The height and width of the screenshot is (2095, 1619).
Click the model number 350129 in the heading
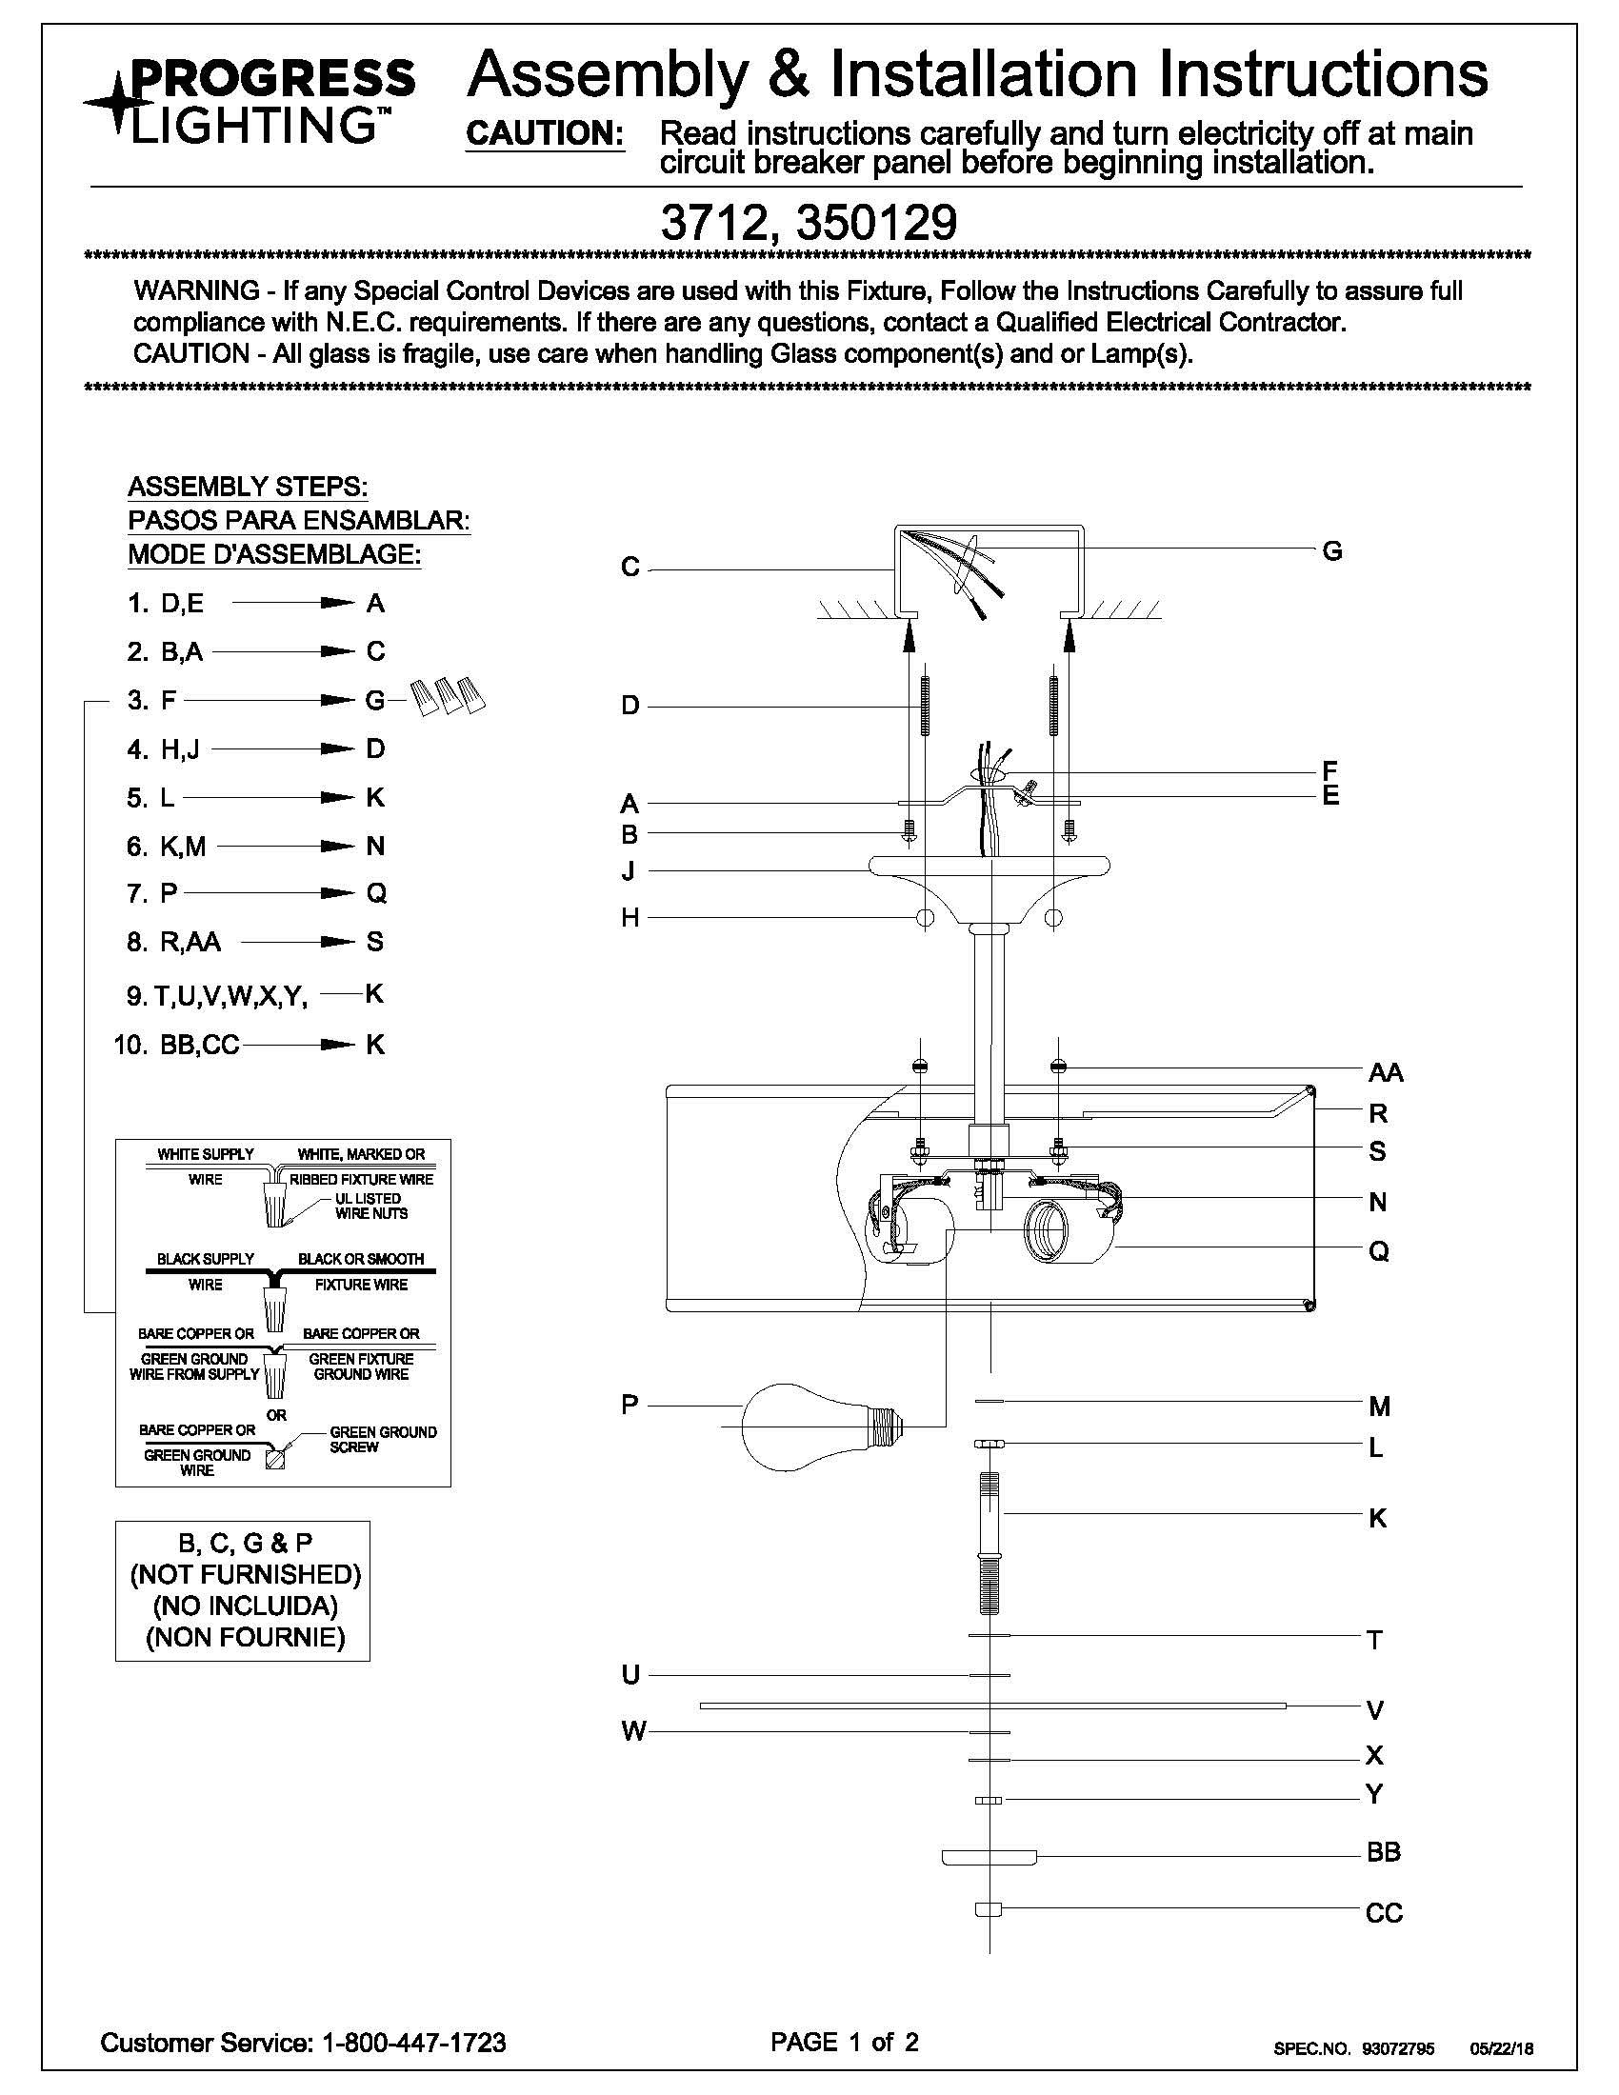pyautogui.click(x=875, y=224)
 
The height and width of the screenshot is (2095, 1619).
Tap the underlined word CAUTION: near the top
pyautogui.click(x=545, y=135)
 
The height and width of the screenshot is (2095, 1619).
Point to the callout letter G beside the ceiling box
pyautogui.click(x=1331, y=551)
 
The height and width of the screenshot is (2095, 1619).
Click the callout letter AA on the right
pyautogui.click(x=1385, y=1071)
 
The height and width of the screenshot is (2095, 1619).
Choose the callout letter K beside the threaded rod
pyautogui.click(x=1377, y=1519)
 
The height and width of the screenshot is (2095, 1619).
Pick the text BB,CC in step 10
pyautogui.click(x=200, y=1045)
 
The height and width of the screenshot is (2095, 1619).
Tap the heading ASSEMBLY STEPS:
pyautogui.click(x=248, y=487)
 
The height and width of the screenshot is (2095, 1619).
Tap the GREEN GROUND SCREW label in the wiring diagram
pyautogui.click(x=382, y=1439)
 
